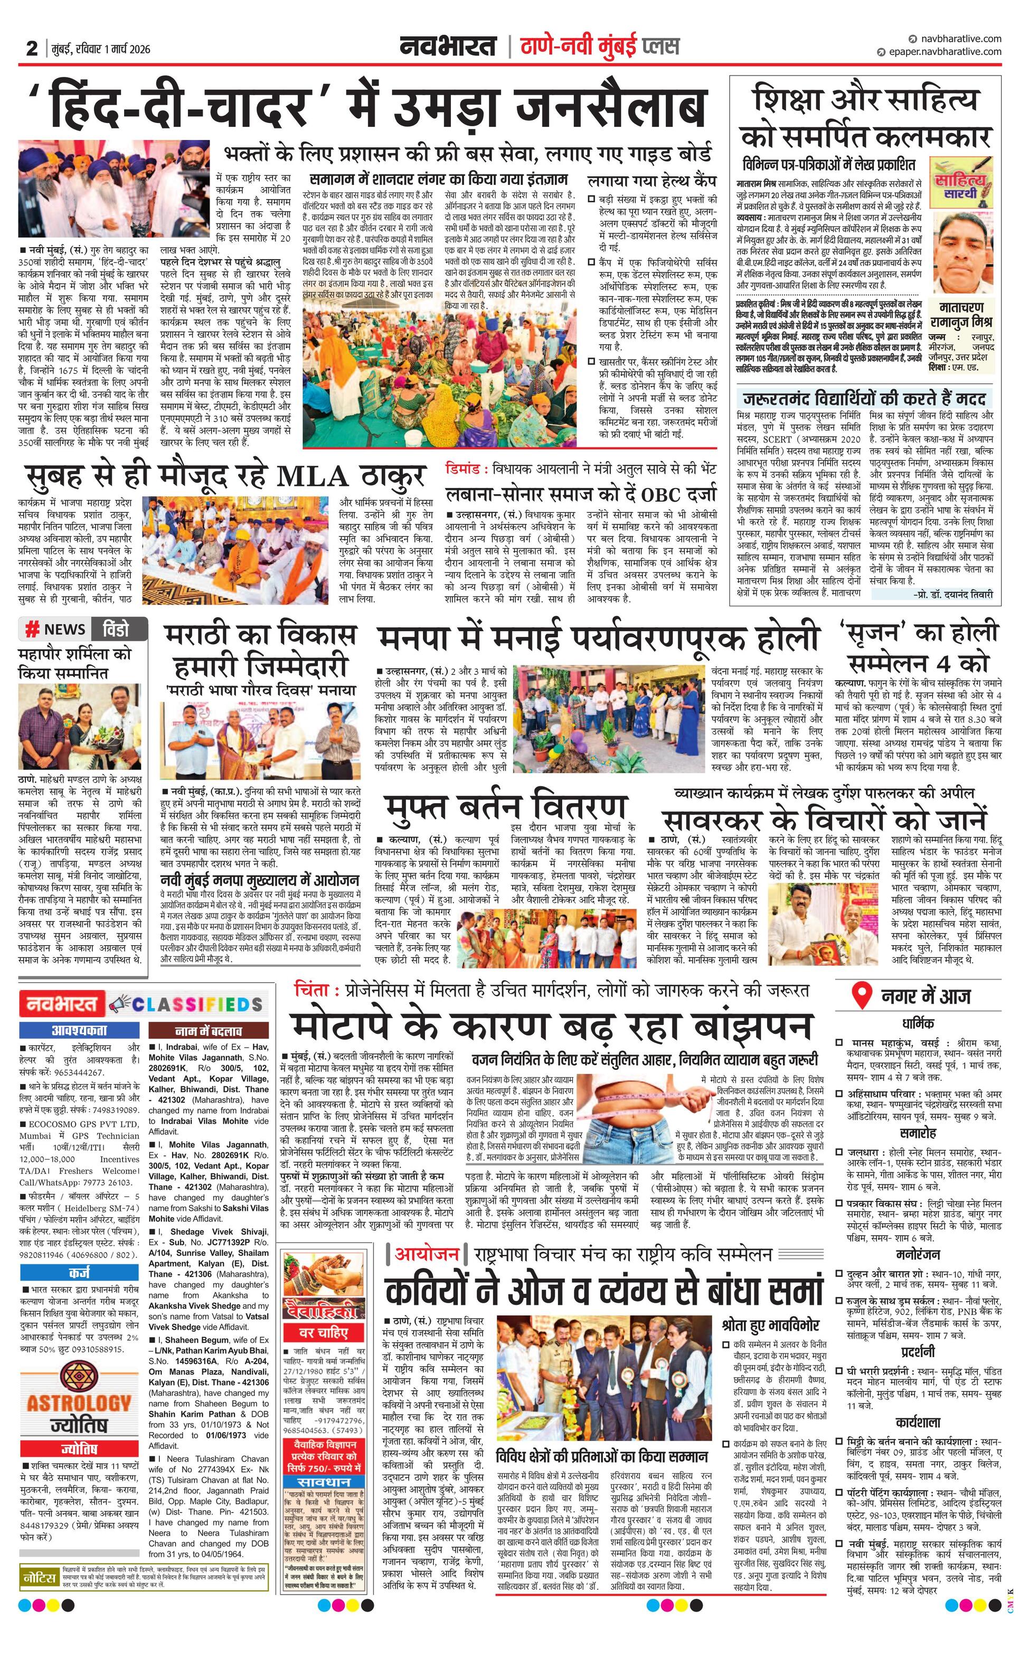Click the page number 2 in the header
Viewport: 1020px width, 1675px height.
click(x=32, y=48)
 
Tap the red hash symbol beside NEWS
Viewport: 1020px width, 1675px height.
click(x=31, y=630)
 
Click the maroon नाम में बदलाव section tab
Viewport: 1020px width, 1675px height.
click(x=208, y=1031)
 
